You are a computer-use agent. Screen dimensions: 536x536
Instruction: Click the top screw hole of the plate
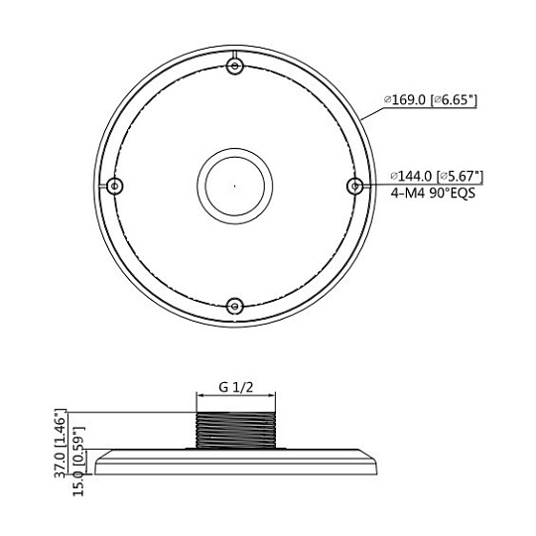click(x=235, y=66)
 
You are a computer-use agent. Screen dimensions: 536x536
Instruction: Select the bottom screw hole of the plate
click(x=235, y=306)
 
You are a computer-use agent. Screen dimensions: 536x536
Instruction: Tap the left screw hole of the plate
click(x=115, y=187)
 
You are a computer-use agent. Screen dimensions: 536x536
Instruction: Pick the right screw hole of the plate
click(x=355, y=187)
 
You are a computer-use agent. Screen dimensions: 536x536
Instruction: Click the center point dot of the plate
click(x=234, y=187)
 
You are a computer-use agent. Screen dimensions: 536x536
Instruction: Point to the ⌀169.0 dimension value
click(x=405, y=100)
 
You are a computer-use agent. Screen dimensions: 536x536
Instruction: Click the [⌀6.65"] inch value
click(x=454, y=100)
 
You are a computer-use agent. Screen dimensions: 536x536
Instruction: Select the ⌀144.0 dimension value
click(x=412, y=177)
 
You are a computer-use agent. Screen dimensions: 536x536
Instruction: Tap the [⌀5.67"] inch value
click(x=461, y=177)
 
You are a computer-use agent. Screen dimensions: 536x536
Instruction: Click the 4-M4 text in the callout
click(x=408, y=194)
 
